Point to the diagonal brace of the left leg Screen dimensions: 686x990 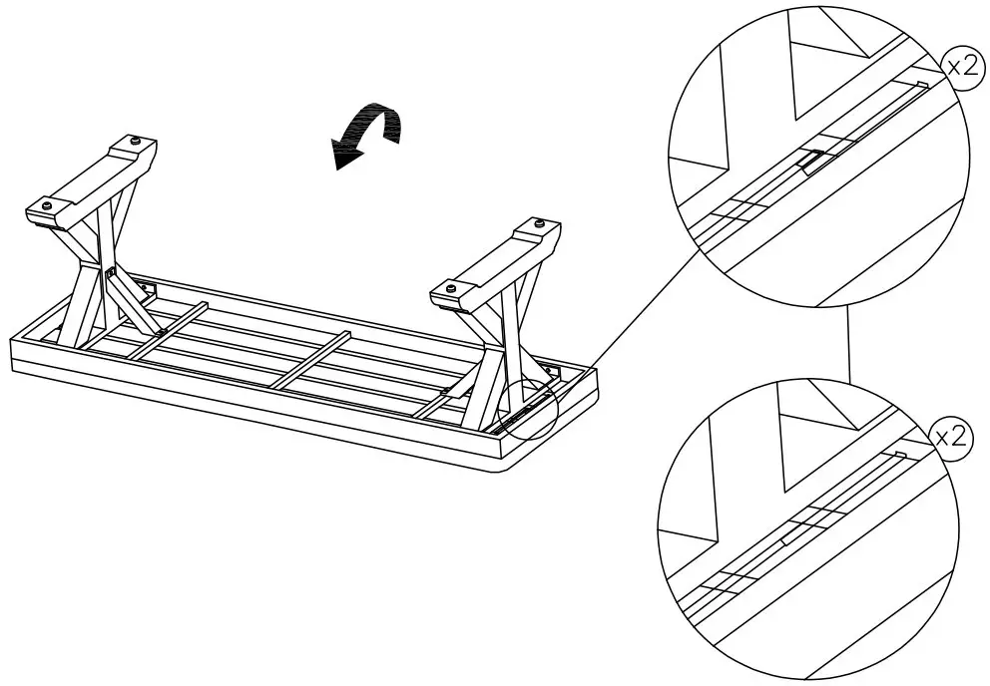tap(135, 299)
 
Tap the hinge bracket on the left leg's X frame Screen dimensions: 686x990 tap(109, 272)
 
